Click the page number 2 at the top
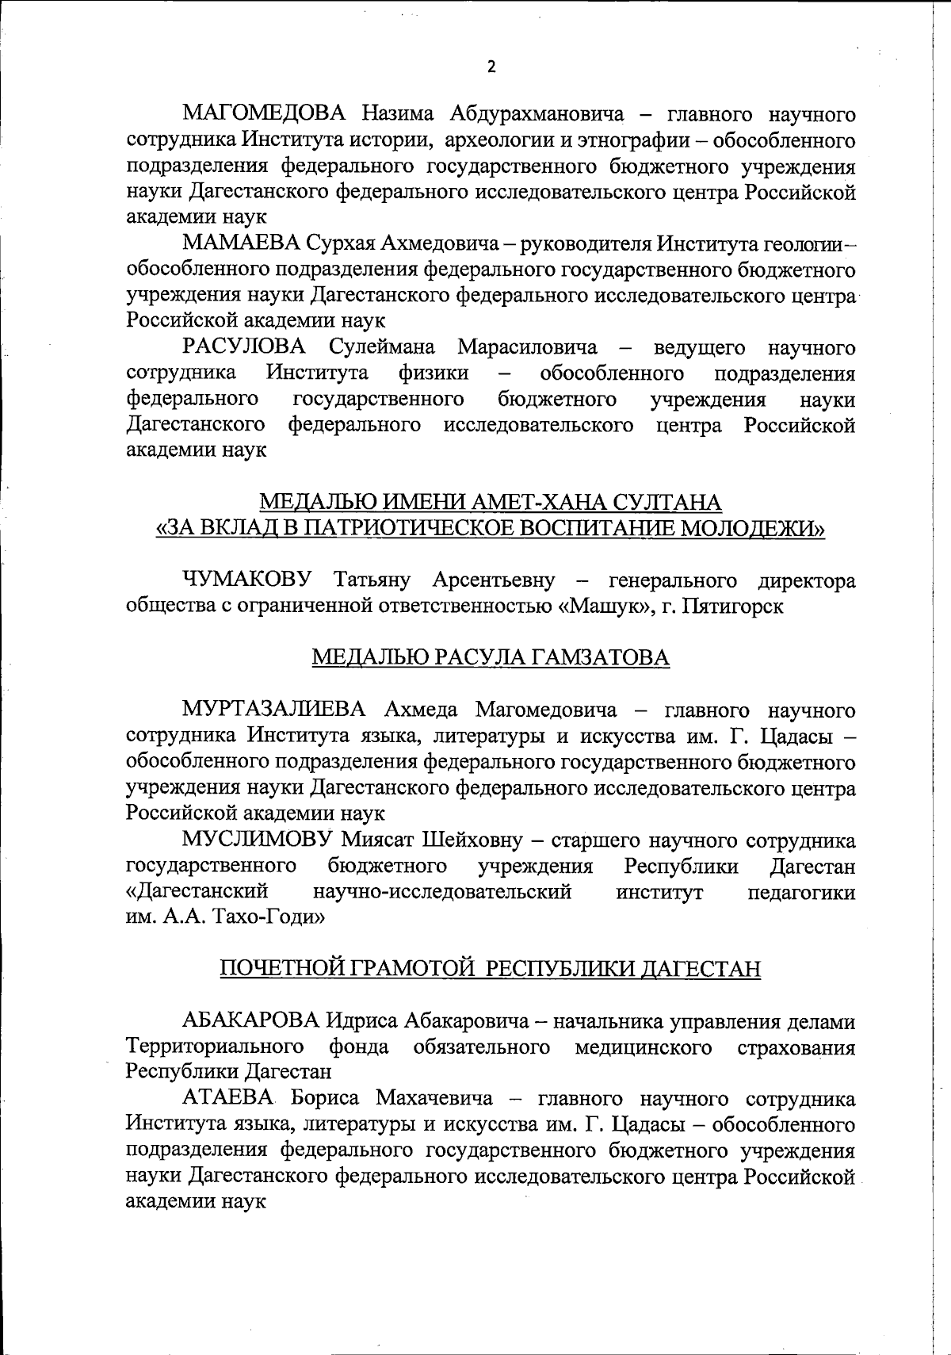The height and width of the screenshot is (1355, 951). click(491, 67)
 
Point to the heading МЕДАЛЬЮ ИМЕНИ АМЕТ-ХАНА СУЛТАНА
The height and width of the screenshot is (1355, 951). click(491, 503)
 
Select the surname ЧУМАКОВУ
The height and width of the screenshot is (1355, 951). click(247, 580)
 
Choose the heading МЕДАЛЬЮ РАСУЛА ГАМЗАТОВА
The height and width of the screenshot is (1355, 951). click(491, 658)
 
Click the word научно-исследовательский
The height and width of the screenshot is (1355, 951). click(442, 892)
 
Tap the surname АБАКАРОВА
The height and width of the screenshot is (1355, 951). click(250, 1021)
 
